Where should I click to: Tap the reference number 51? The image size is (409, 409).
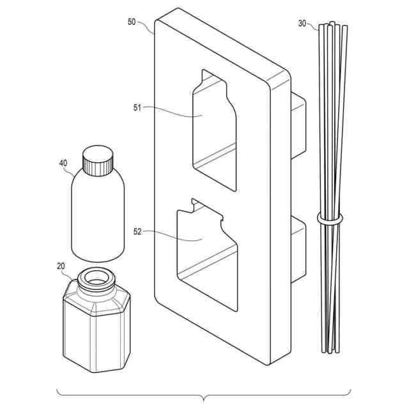click(137, 108)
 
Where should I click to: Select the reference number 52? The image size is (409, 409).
click(137, 232)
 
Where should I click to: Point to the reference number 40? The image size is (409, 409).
click(63, 163)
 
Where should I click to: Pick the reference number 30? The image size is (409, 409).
click(302, 24)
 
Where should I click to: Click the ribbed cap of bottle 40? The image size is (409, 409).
click(98, 161)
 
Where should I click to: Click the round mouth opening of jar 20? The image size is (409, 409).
click(96, 277)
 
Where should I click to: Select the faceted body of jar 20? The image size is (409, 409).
click(96, 332)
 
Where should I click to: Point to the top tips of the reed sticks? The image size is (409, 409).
click(332, 26)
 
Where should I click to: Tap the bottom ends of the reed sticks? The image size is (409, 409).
click(330, 350)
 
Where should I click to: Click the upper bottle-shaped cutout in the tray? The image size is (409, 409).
click(214, 128)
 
